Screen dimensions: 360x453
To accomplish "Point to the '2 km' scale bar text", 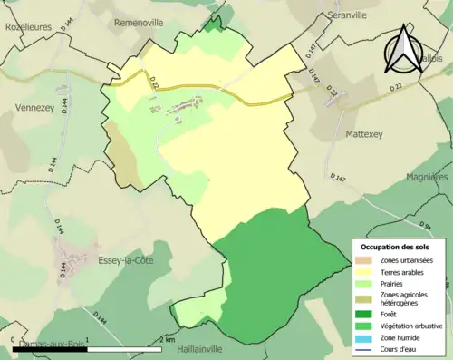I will click(x=168, y=339).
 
